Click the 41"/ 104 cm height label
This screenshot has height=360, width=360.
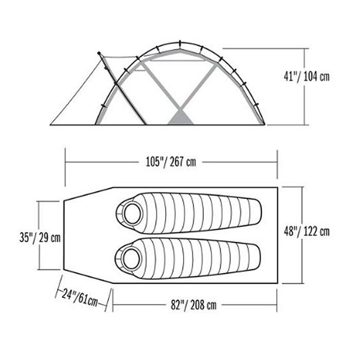(307, 76)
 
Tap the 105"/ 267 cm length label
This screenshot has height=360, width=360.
(171, 162)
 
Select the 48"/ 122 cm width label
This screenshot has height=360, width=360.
(307, 231)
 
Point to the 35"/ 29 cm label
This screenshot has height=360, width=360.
(40, 237)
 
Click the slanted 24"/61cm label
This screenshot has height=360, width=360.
(80, 298)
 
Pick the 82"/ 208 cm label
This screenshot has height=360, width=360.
(193, 305)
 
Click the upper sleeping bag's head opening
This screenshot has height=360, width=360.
(133, 213)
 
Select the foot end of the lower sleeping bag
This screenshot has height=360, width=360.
(257, 257)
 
